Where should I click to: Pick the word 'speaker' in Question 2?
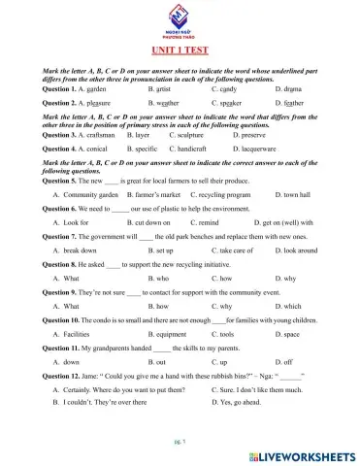tap(219, 101)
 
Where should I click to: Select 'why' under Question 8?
tap(285, 279)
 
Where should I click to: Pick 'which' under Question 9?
tap(288, 306)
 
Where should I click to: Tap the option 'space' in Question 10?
tap(286, 334)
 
